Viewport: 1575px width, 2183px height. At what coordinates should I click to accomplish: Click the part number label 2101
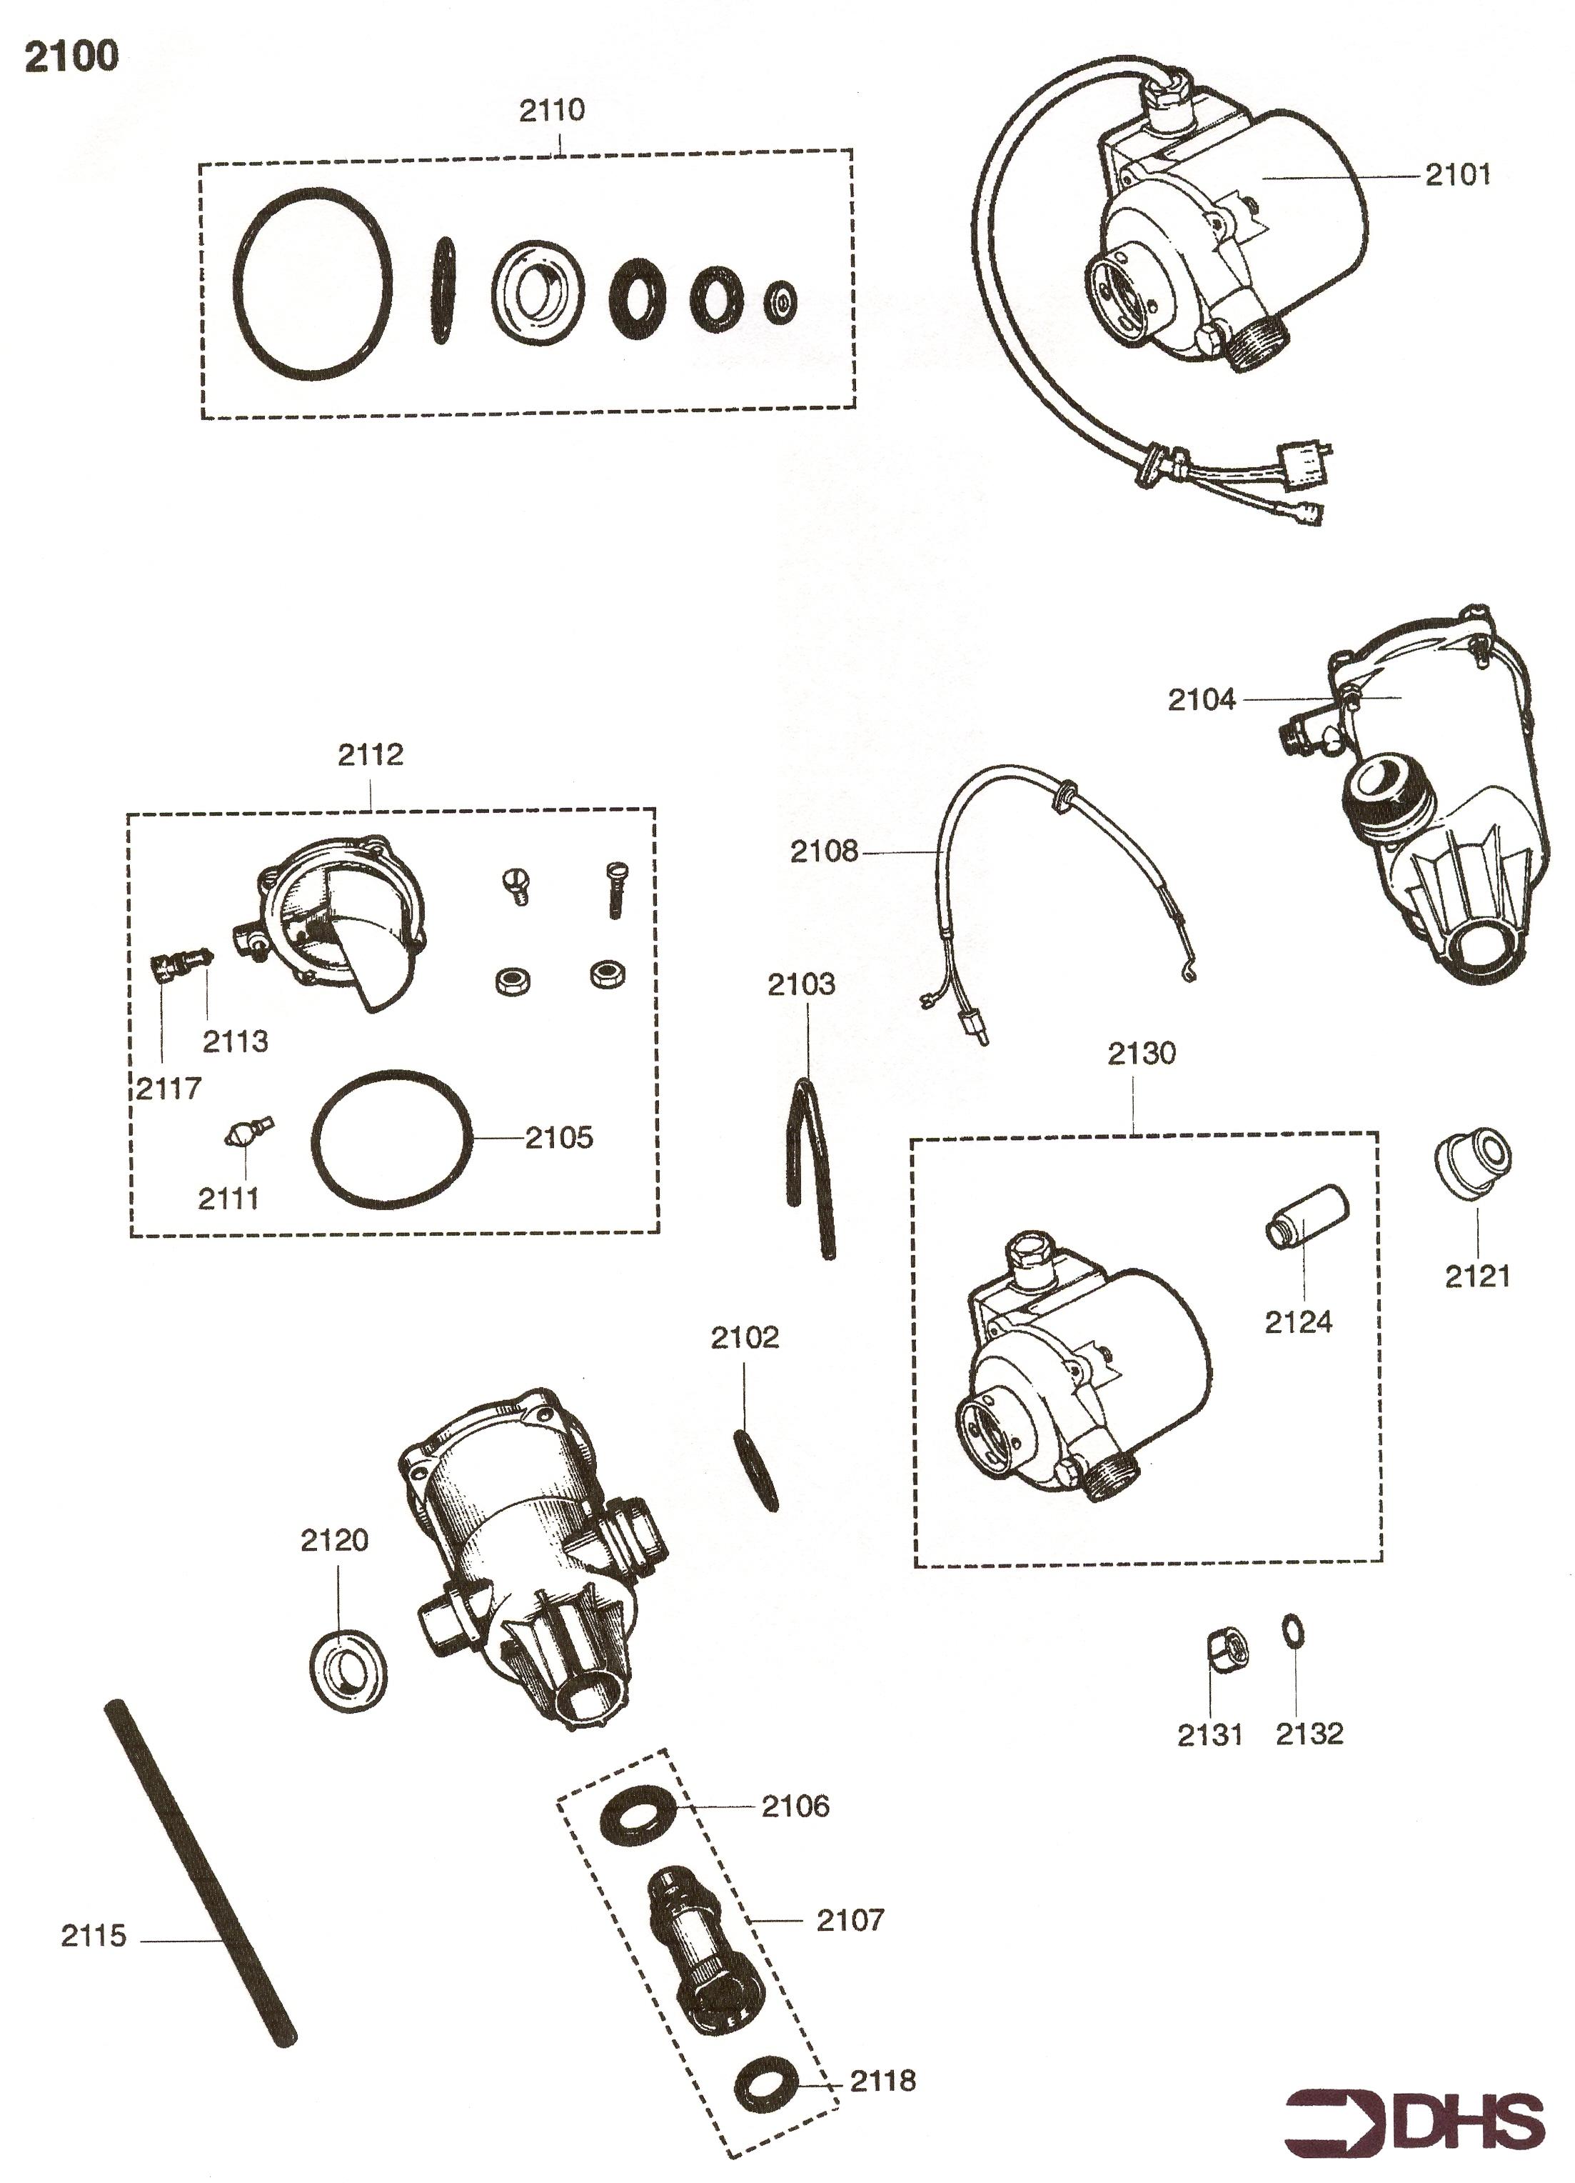(x=1456, y=174)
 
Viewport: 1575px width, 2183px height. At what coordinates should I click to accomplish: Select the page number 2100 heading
(x=71, y=56)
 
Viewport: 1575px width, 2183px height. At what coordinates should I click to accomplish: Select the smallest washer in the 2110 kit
(x=781, y=302)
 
